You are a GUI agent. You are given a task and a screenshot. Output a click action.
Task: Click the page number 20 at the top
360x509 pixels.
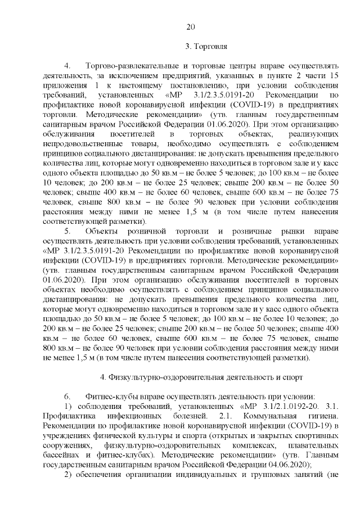click(x=190, y=26)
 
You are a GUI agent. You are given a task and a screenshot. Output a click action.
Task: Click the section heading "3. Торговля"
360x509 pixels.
click(x=206, y=46)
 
